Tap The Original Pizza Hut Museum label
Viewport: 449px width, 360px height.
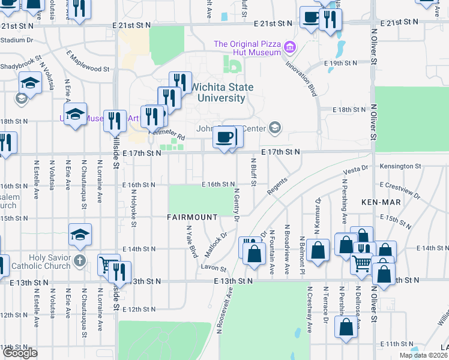pos(247,48)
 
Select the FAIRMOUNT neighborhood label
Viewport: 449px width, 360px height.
pos(191,217)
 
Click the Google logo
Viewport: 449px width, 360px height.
pos(20,353)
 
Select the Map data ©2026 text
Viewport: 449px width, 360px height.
pos(424,355)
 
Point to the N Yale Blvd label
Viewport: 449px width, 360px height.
pos(192,241)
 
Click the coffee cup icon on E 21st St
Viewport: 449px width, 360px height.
pos(310,18)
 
